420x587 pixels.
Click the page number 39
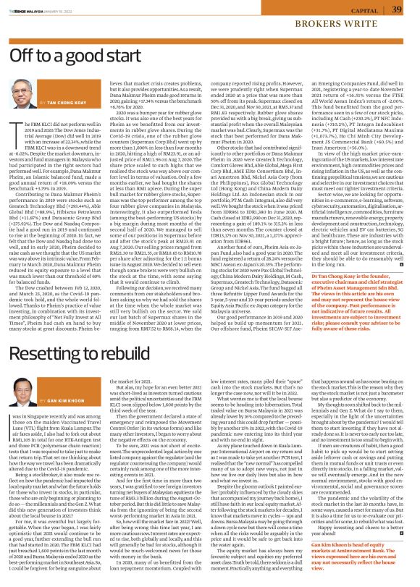coord(397,9)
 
